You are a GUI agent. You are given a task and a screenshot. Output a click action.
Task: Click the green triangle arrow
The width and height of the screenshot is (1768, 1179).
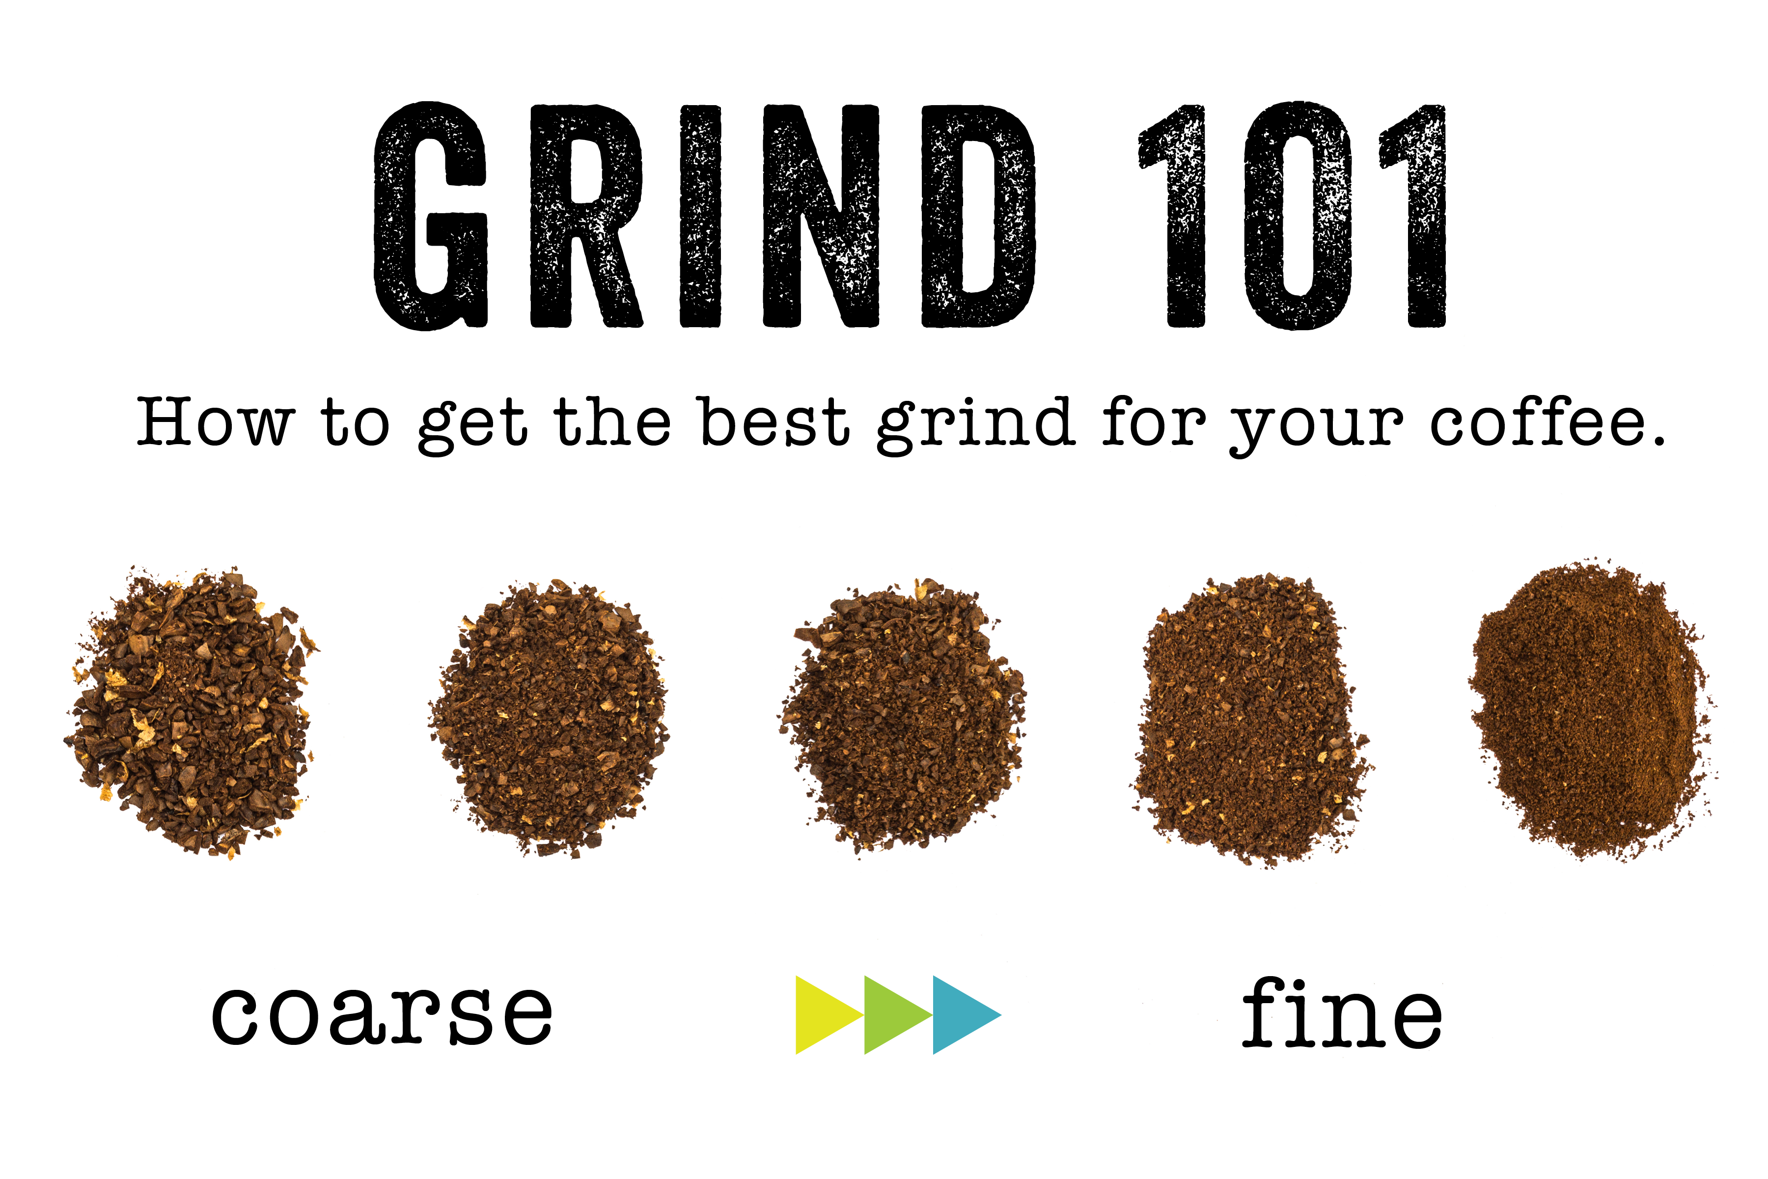tap(892, 1015)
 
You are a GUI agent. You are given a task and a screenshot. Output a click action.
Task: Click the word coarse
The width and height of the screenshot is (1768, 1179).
tap(382, 1015)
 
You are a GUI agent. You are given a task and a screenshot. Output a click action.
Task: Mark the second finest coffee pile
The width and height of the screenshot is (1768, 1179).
tap(1251, 718)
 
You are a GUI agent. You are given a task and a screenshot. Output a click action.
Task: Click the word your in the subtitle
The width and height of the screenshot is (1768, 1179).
tap(1316, 427)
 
